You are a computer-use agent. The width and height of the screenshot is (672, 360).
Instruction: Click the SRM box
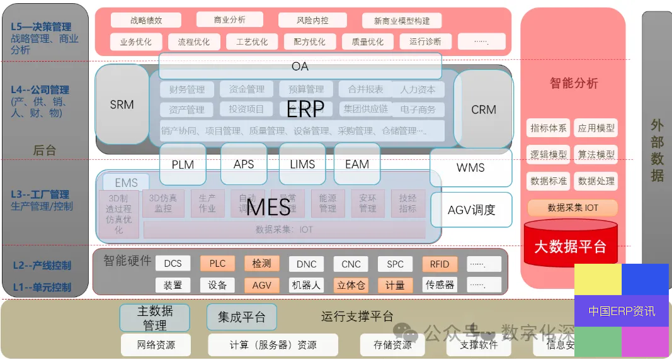coord(122,104)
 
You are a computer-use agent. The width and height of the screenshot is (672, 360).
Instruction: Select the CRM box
coord(484,109)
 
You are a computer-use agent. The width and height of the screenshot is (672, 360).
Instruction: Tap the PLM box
coord(183,164)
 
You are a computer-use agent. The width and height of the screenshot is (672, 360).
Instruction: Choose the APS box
coord(244,164)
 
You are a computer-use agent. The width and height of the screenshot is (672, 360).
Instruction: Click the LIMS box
coord(302,164)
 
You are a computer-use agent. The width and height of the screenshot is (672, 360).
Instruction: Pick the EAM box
coord(357,164)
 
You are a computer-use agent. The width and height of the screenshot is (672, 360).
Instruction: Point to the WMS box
coord(470,167)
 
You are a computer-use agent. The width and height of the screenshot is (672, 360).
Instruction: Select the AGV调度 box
coord(471,210)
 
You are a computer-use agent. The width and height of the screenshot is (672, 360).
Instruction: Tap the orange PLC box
coord(217,264)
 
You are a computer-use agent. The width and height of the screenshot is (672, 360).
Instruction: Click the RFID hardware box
coord(440,264)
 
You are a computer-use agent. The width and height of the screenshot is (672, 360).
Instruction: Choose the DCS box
coord(173,264)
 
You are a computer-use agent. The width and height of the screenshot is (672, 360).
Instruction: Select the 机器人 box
coord(306,285)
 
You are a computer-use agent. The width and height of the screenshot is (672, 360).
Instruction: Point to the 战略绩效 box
coord(146,20)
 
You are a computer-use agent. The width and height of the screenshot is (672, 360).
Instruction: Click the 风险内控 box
coord(312,20)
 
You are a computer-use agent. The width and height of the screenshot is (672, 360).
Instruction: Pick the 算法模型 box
coord(596,154)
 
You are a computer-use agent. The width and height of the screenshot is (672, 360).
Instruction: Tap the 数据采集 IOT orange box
coord(572,208)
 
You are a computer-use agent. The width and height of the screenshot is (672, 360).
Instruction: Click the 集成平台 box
coord(242,317)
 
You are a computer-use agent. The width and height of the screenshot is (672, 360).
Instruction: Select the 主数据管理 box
coord(155,318)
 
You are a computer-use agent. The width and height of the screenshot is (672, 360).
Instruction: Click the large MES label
coord(268,207)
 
